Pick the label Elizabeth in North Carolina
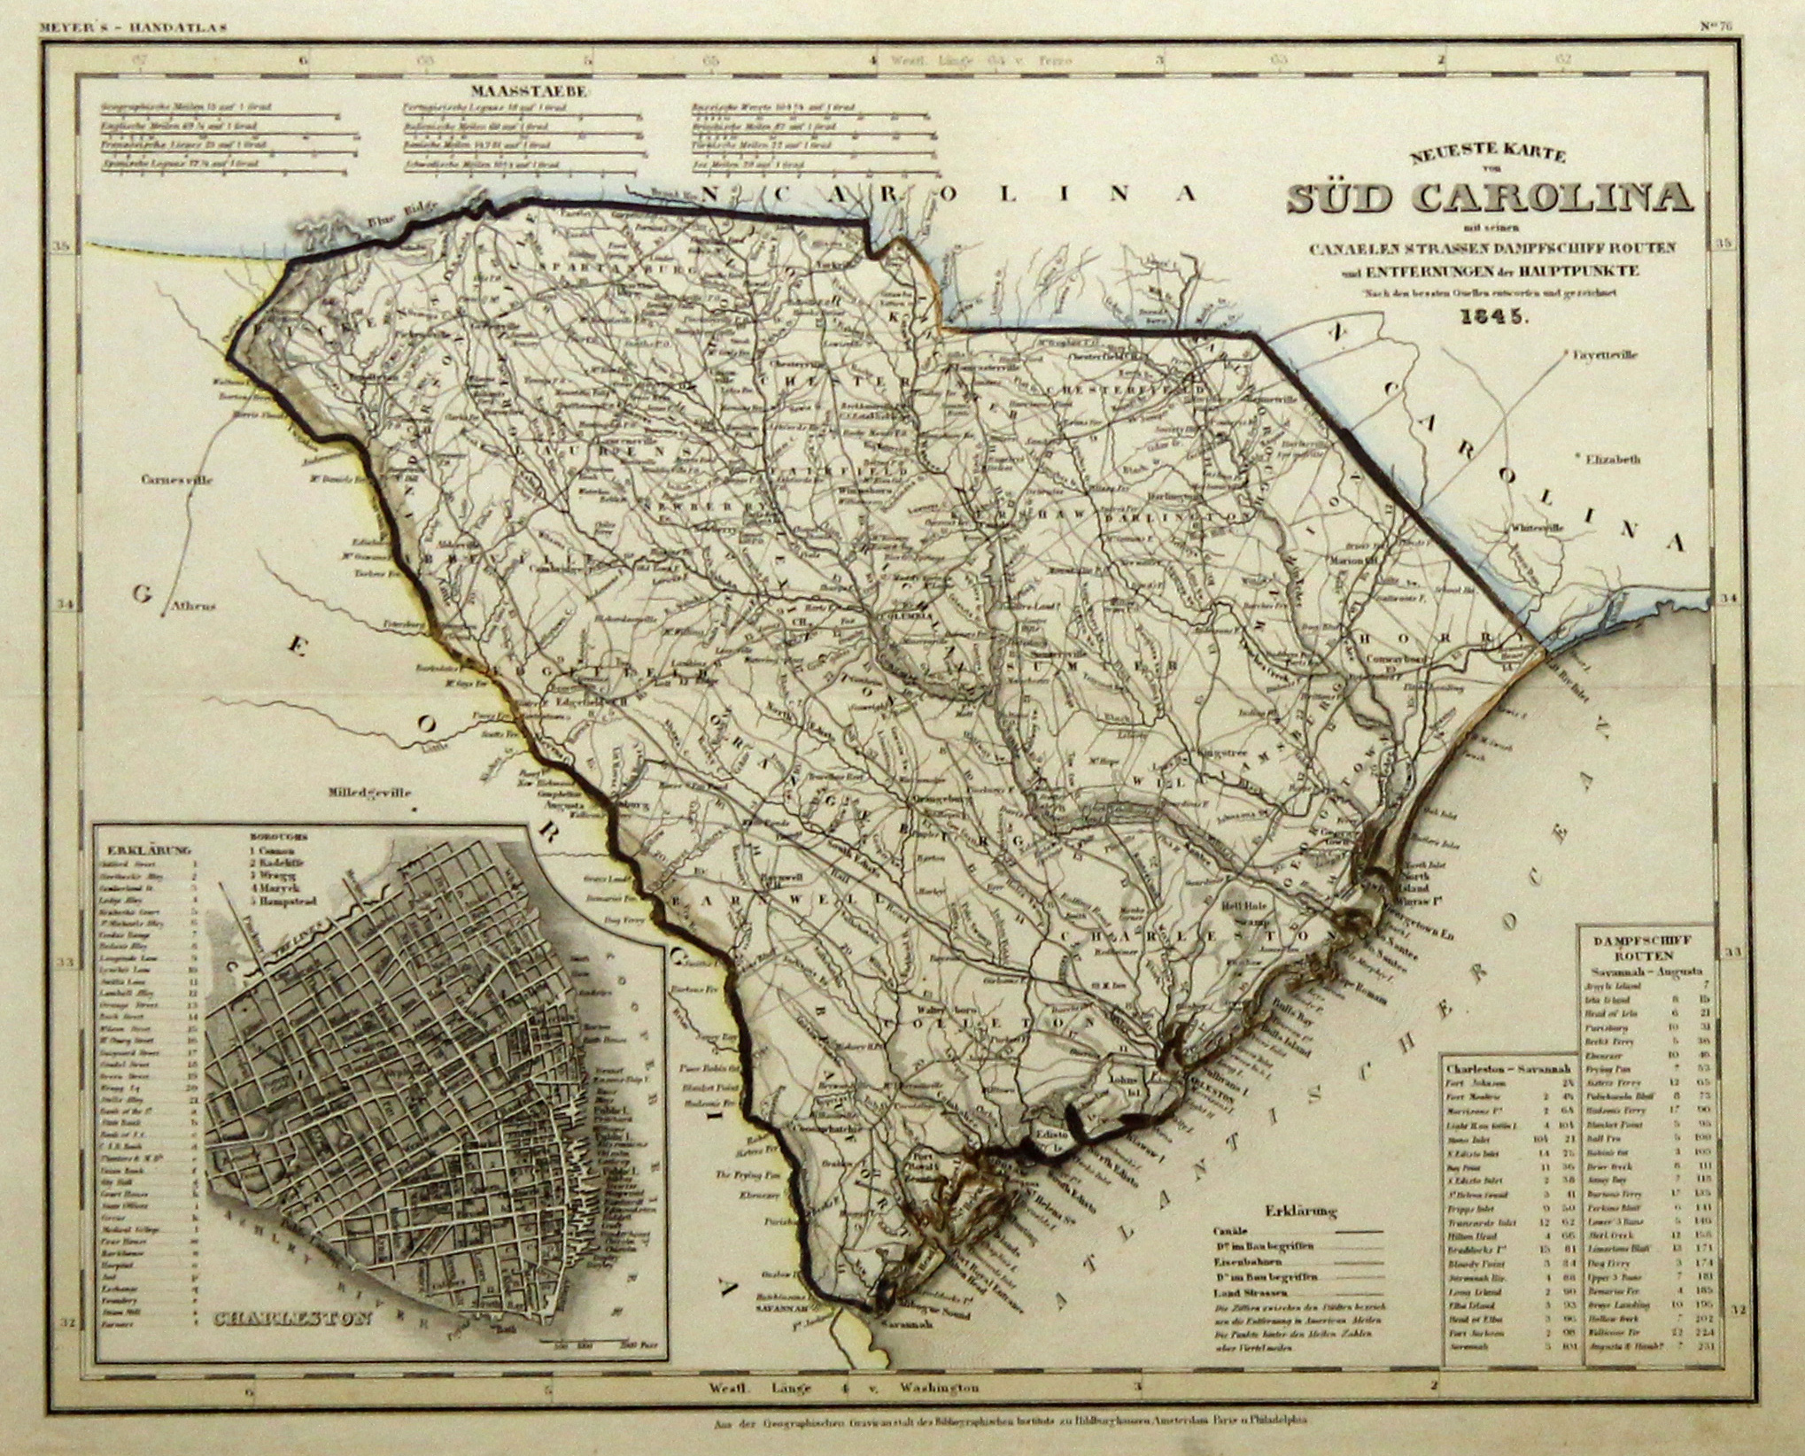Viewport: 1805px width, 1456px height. (x=1611, y=460)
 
